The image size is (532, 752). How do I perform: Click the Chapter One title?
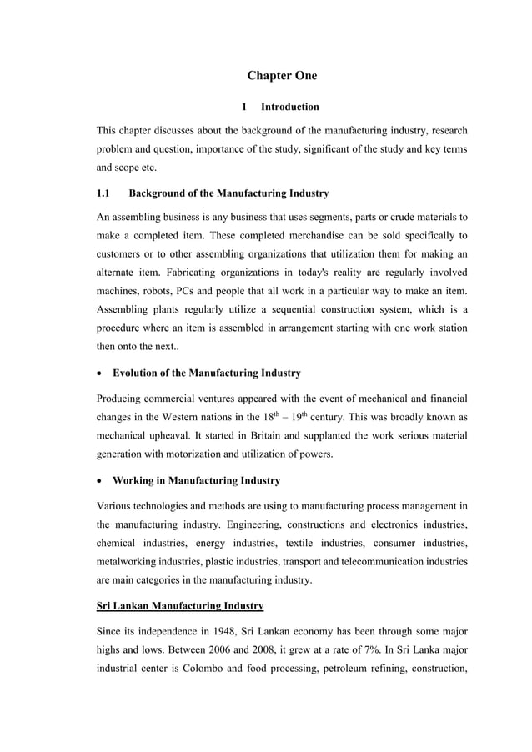282,76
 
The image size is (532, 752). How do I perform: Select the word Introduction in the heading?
289,107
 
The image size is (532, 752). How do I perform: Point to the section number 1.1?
104,193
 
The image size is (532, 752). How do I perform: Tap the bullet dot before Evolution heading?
101,373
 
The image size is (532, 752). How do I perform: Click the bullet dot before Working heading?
101,481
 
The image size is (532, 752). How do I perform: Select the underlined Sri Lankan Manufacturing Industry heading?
180,605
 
